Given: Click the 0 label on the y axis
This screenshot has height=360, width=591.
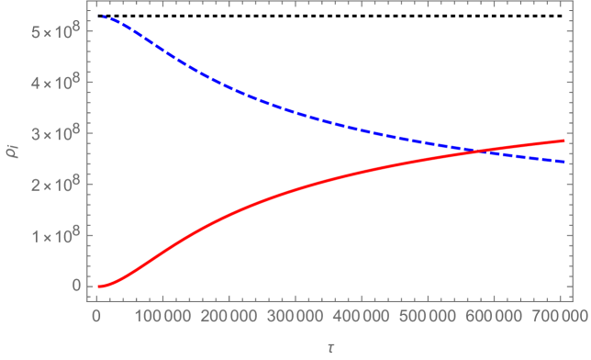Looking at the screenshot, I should tap(75, 285).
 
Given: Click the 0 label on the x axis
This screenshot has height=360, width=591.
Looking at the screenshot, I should tap(95, 317).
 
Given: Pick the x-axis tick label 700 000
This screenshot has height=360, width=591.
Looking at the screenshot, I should tap(562, 317).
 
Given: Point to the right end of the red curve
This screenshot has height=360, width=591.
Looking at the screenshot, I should tap(563, 141).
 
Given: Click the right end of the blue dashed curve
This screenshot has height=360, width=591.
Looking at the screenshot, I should tap(563, 162).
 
